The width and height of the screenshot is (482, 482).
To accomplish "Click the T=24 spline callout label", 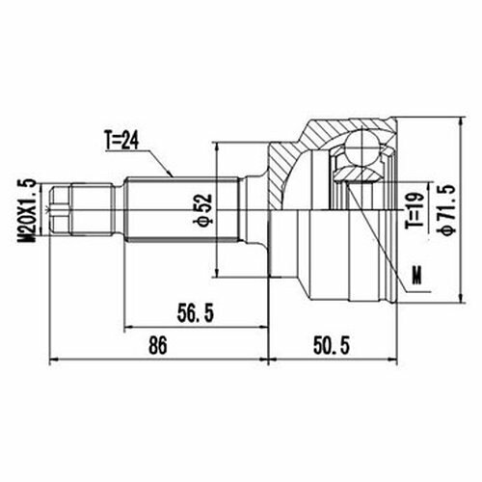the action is [x=121, y=141].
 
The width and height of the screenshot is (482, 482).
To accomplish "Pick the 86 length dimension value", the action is [x=158, y=346].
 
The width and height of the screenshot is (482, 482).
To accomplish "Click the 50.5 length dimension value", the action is [x=331, y=346].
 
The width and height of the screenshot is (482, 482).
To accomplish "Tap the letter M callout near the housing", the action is [x=416, y=276].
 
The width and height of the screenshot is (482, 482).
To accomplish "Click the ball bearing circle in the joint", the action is [x=362, y=147].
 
